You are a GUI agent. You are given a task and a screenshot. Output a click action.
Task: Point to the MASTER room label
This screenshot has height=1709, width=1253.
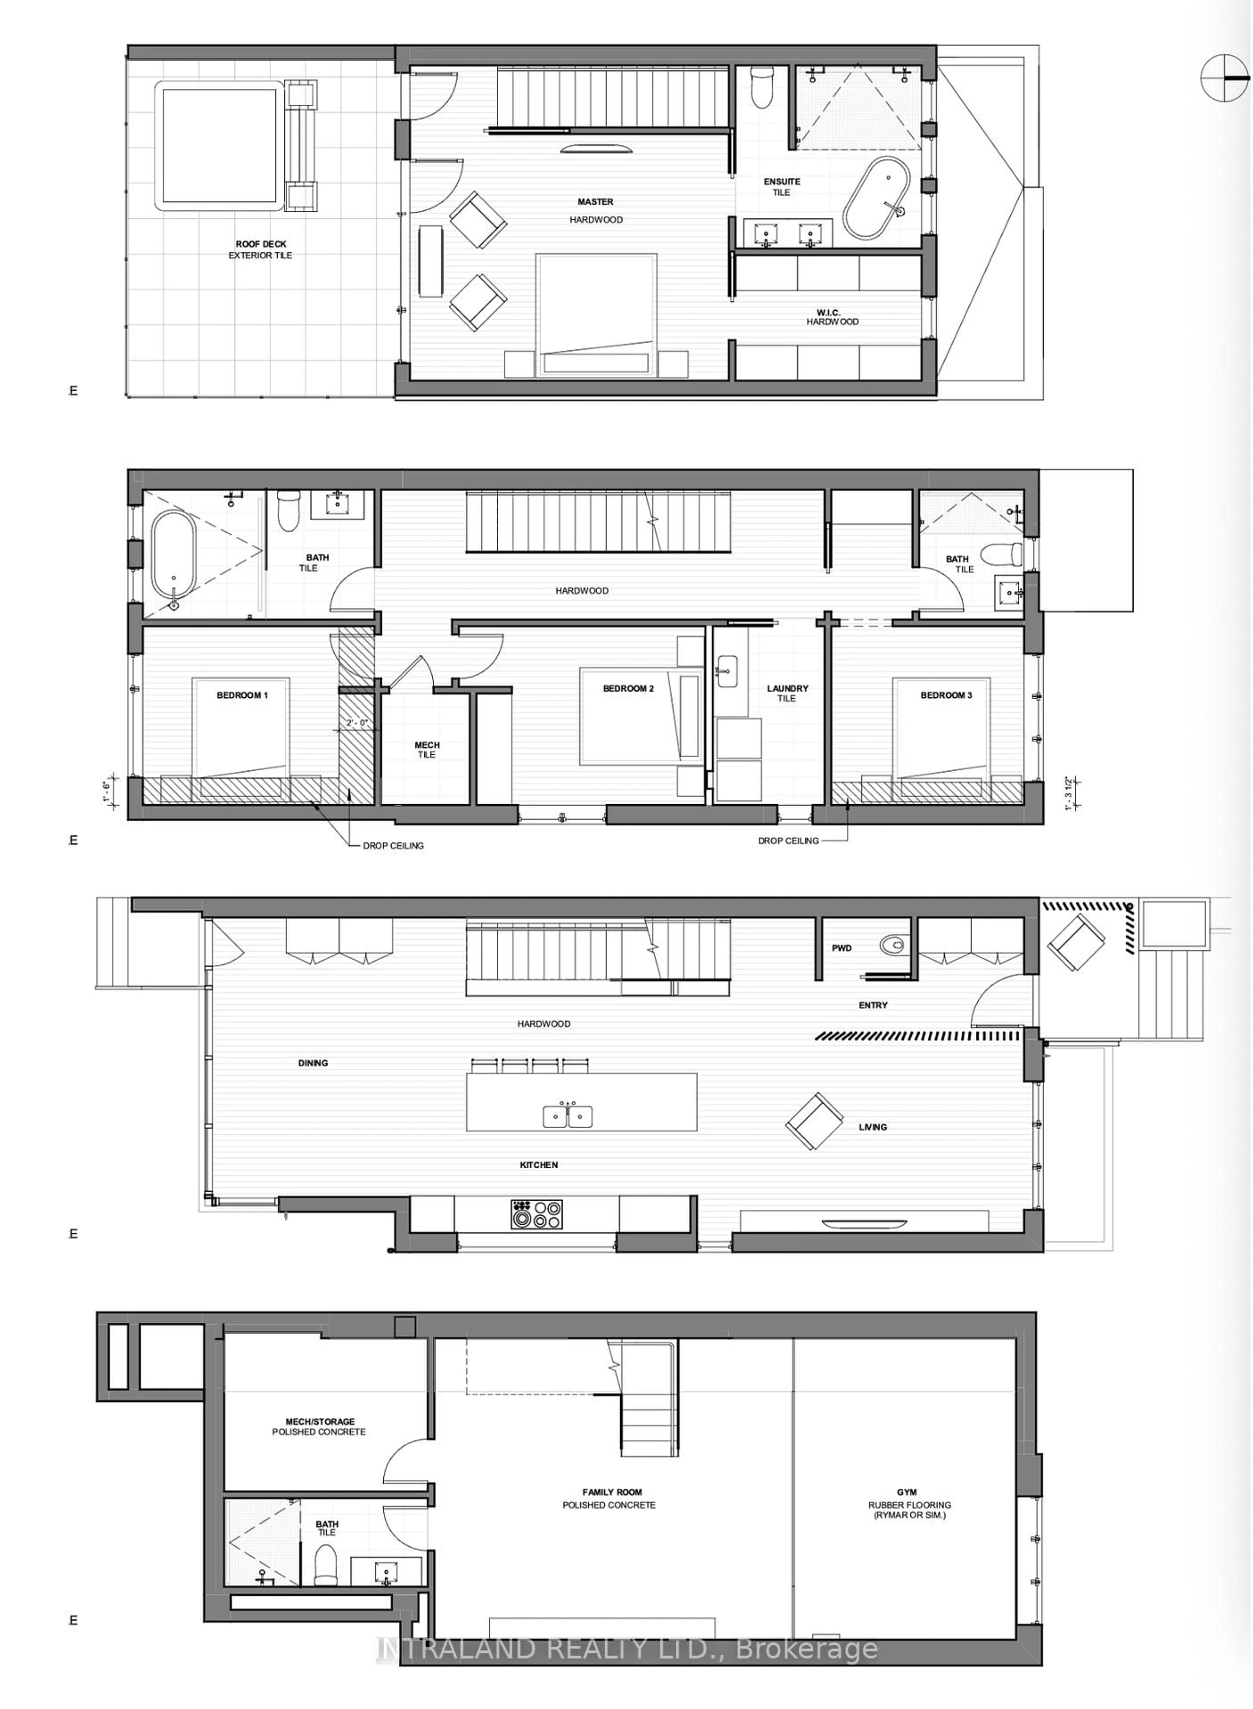pyautogui.click(x=596, y=202)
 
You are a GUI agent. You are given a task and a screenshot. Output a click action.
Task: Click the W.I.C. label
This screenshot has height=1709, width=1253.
pyautogui.click(x=828, y=312)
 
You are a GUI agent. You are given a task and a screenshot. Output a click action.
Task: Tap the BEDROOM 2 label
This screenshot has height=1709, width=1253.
pyautogui.click(x=628, y=688)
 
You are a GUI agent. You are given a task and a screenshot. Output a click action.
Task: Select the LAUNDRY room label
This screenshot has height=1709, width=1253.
pyautogui.click(x=787, y=688)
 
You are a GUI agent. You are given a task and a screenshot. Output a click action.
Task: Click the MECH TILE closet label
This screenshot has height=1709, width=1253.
pyautogui.click(x=427, y=749)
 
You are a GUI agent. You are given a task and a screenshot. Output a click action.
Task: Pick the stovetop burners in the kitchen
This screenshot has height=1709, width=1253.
pyautogui.click(x=536, y=1214)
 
